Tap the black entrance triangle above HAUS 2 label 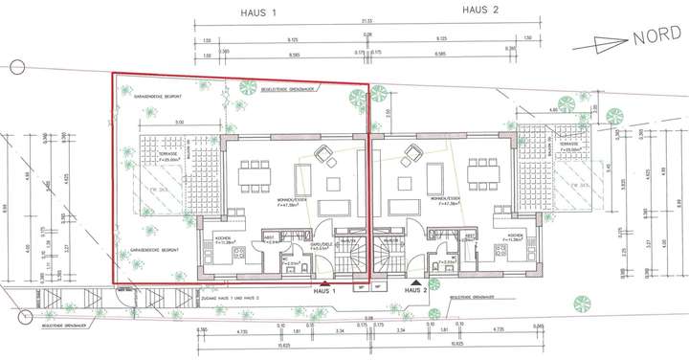point(414,283)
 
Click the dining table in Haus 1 point(256,176)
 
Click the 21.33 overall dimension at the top point(367,20)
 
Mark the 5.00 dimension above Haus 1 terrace point(179,122)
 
